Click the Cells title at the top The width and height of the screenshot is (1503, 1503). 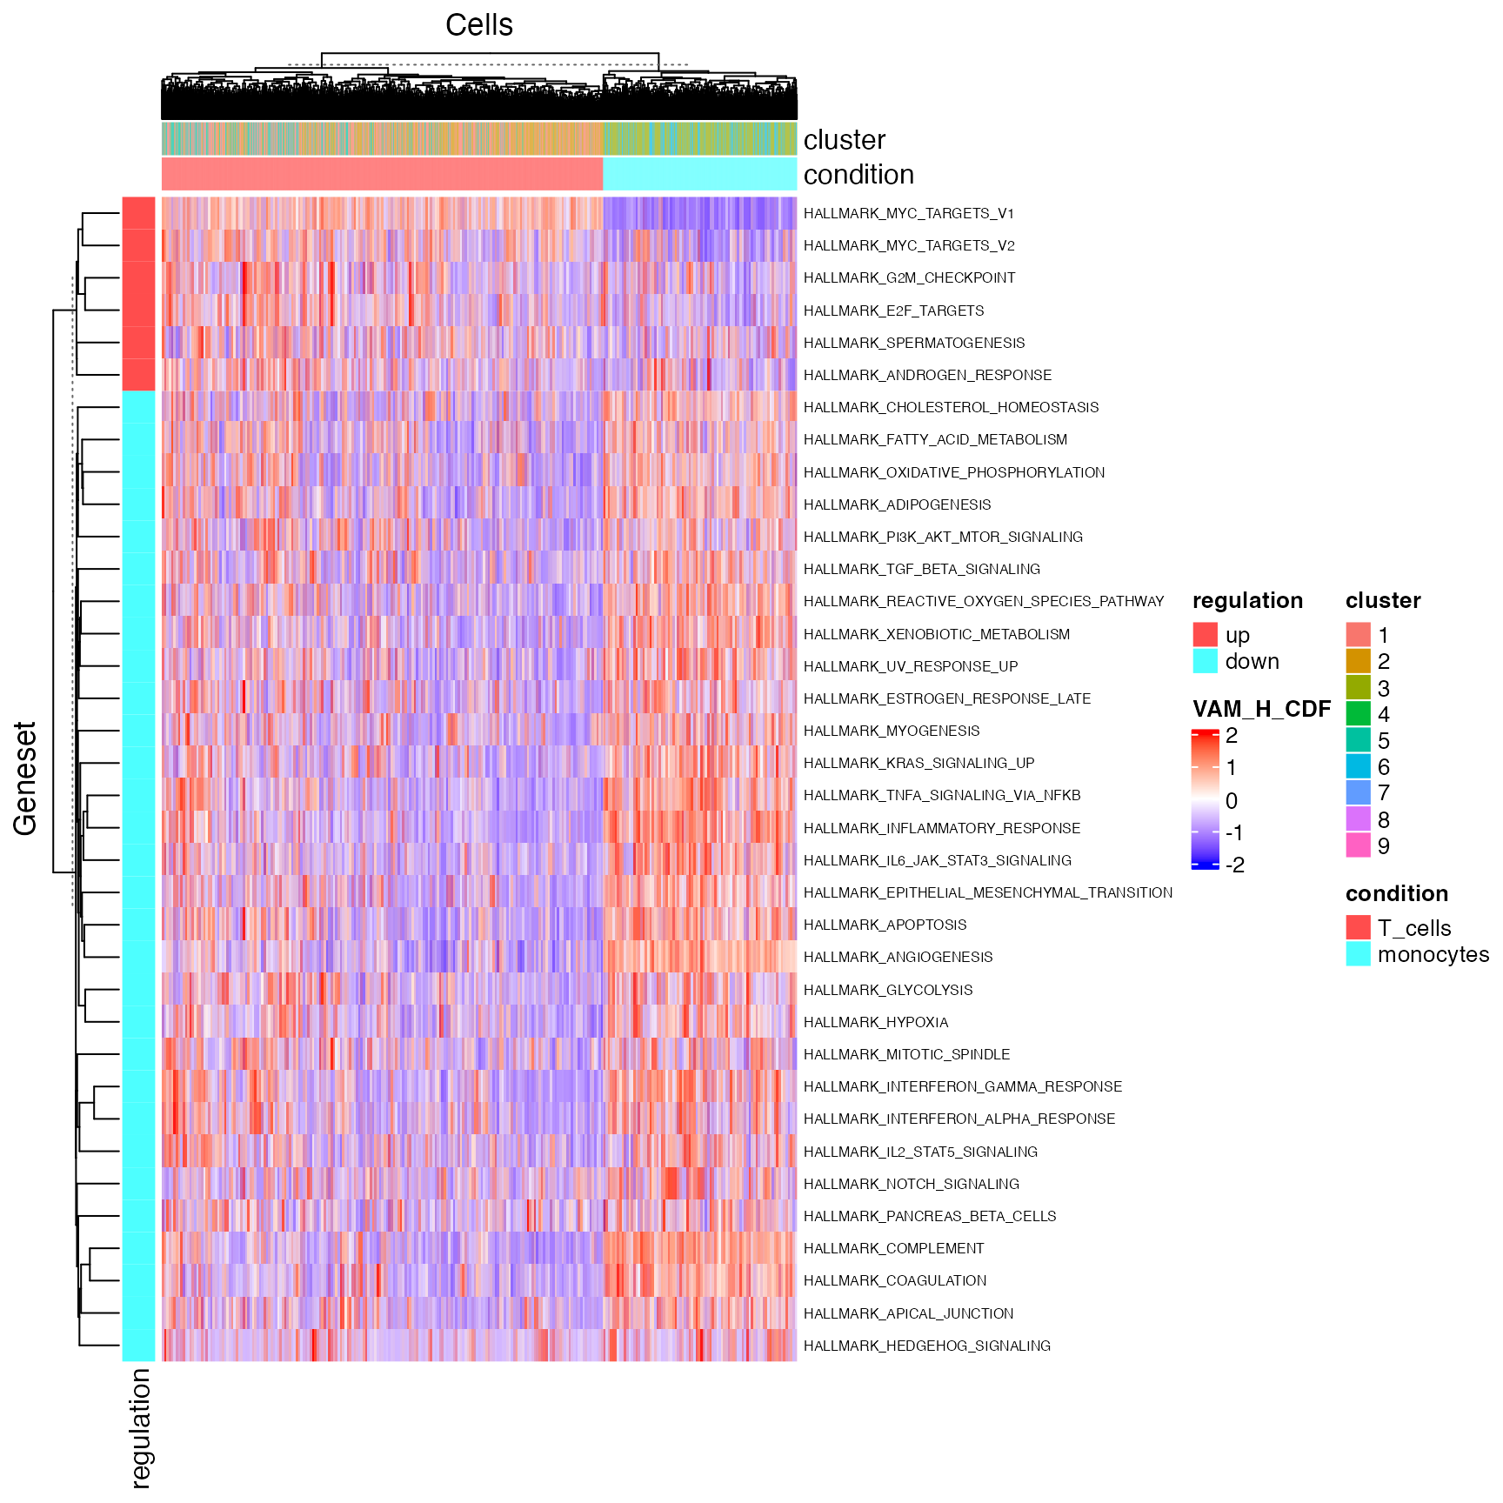click(x=478, y=25)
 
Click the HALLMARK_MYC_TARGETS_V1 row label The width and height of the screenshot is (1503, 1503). click(x=908, y=213)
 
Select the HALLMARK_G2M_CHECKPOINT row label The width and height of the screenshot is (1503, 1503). click(x=909, y=278)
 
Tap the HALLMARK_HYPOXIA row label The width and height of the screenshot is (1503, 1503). click(x=875, y=1022)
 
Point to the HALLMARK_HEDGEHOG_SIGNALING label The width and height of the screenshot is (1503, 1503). click(x=926, y=1346)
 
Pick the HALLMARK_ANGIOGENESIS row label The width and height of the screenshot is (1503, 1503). click(x=898, y=957)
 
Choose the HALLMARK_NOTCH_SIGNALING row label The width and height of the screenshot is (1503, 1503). click(x=911, y=1184)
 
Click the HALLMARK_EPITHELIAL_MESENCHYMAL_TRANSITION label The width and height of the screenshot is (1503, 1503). click(x=987, y=892)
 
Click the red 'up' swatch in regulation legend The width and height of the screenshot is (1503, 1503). click(x=1205, y=635)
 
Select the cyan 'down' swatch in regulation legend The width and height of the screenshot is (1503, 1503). click(x=1205, y=661)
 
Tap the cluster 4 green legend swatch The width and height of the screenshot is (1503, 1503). click(x=1358, y=714)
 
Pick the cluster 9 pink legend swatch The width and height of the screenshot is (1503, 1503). click(x=1358, y=845)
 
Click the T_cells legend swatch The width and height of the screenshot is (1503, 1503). click(x=1358, y=928)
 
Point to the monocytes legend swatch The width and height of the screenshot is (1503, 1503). click(x=1358, y=954)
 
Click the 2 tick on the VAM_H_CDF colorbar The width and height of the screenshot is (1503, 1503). click(x=1231, y=736)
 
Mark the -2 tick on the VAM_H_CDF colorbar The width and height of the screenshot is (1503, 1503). click(x=1234, y=865)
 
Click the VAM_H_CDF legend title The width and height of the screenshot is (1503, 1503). click(x=1261, y=709)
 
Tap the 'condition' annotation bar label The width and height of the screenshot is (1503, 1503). click(x=858, y=175)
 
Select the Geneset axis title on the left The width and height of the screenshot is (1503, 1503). click(x=25, y=778)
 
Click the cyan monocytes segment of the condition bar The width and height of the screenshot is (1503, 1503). click(x=699, y=174)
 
